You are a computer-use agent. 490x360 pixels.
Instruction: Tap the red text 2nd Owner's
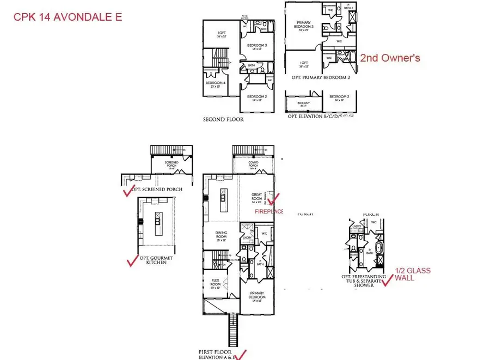tap(390, 58)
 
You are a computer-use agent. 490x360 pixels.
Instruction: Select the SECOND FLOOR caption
tap(223, 119)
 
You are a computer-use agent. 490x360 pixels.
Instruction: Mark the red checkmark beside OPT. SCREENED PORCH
tap(128, 191)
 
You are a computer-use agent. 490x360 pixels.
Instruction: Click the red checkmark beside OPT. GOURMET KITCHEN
tap(131, 261)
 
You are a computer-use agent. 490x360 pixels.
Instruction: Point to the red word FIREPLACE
tap(269, 211)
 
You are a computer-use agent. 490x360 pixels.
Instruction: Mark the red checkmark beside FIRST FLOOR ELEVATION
tap(241, 355)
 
